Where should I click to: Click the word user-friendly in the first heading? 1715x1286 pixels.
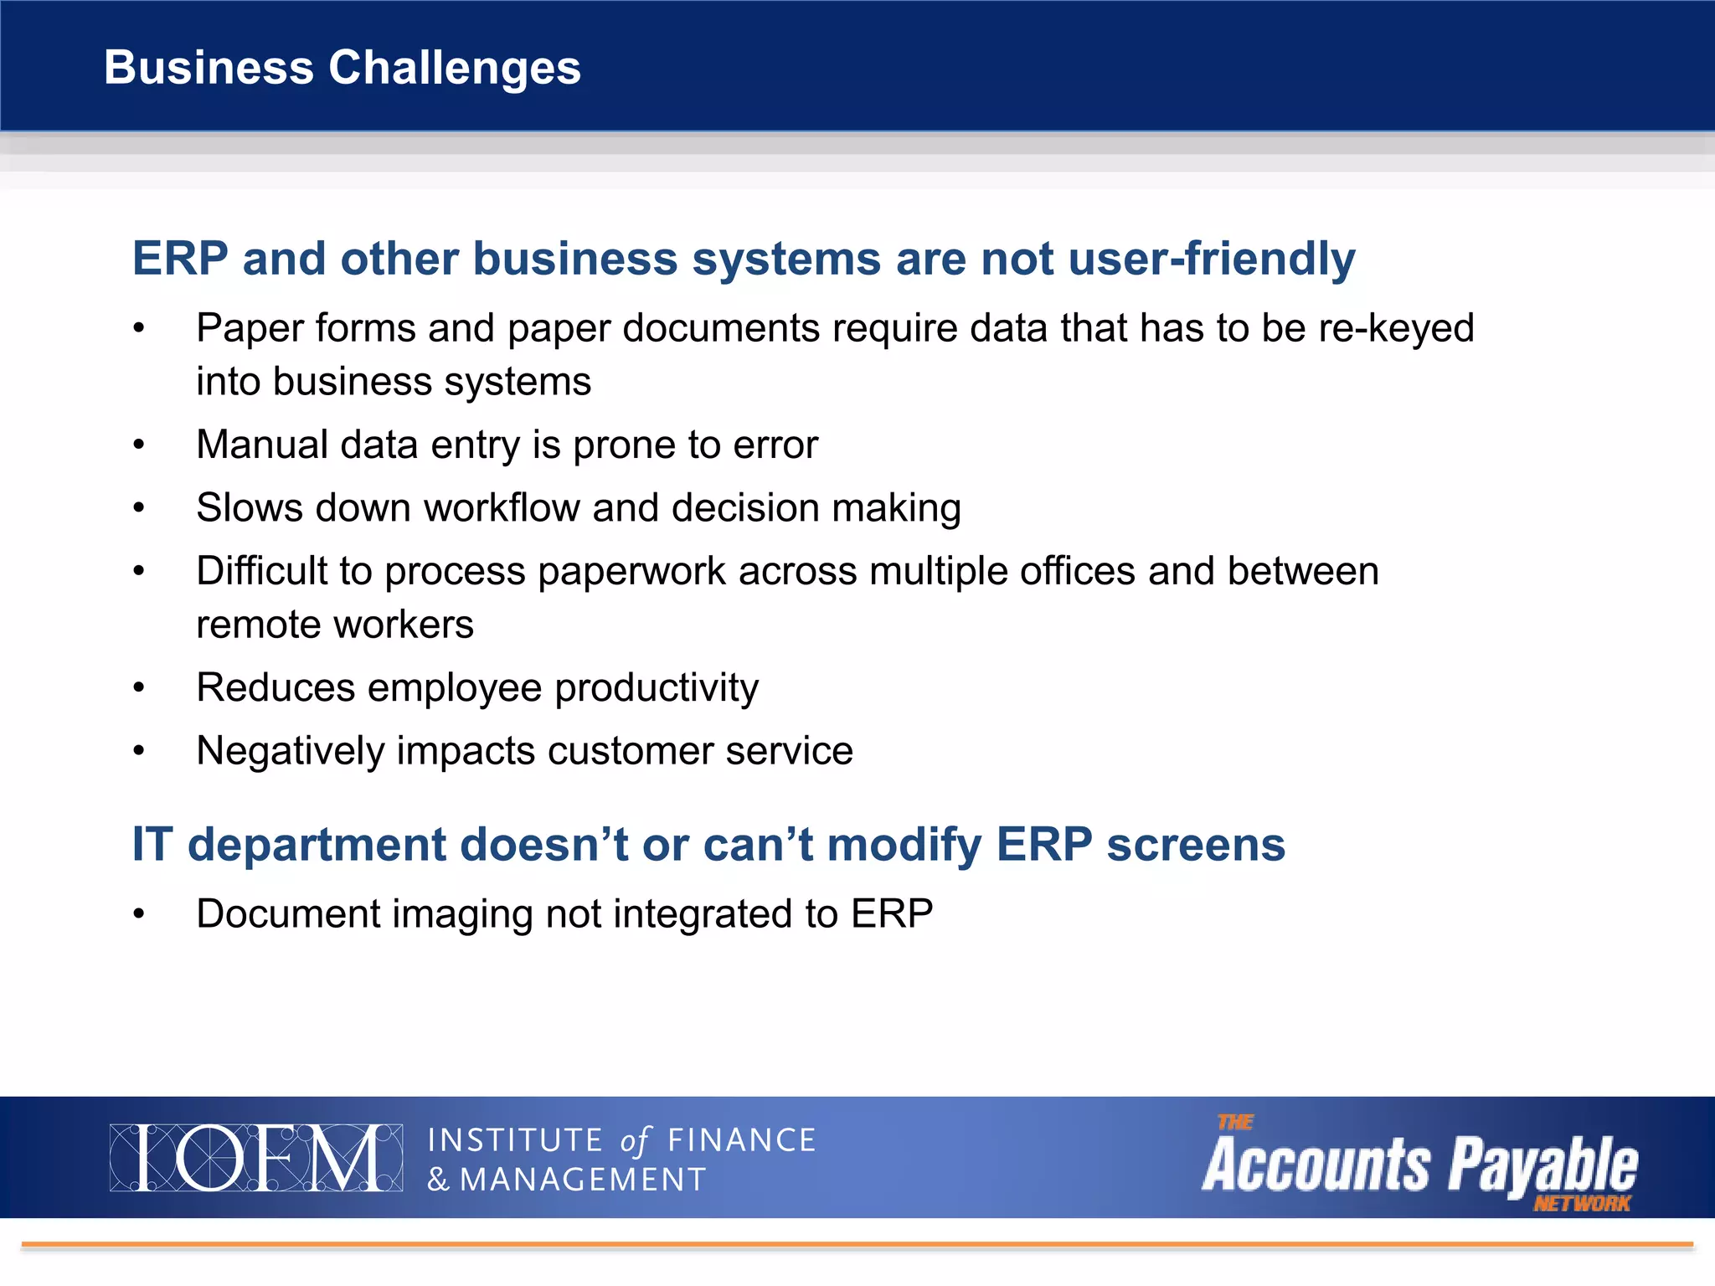(x=1211, y=259)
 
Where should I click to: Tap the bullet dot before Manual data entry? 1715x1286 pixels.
(x=139, y=445)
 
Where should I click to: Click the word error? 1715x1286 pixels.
(x=775, y=445)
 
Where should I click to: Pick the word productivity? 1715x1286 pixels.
(x=657, y=688)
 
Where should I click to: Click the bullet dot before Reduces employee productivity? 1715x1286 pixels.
(x=139, y=688)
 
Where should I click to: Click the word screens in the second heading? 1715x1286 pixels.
(x=1195, y=844)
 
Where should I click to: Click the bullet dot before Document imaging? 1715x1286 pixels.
(x=139, y=914)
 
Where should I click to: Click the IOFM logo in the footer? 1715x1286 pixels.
(x=255, y=1158)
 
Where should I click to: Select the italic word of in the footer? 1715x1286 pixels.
(x=635, y=1141)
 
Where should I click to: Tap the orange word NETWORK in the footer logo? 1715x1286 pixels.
(x=1581, y=1204)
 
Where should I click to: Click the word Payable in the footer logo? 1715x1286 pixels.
(x=1542, y=1164)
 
